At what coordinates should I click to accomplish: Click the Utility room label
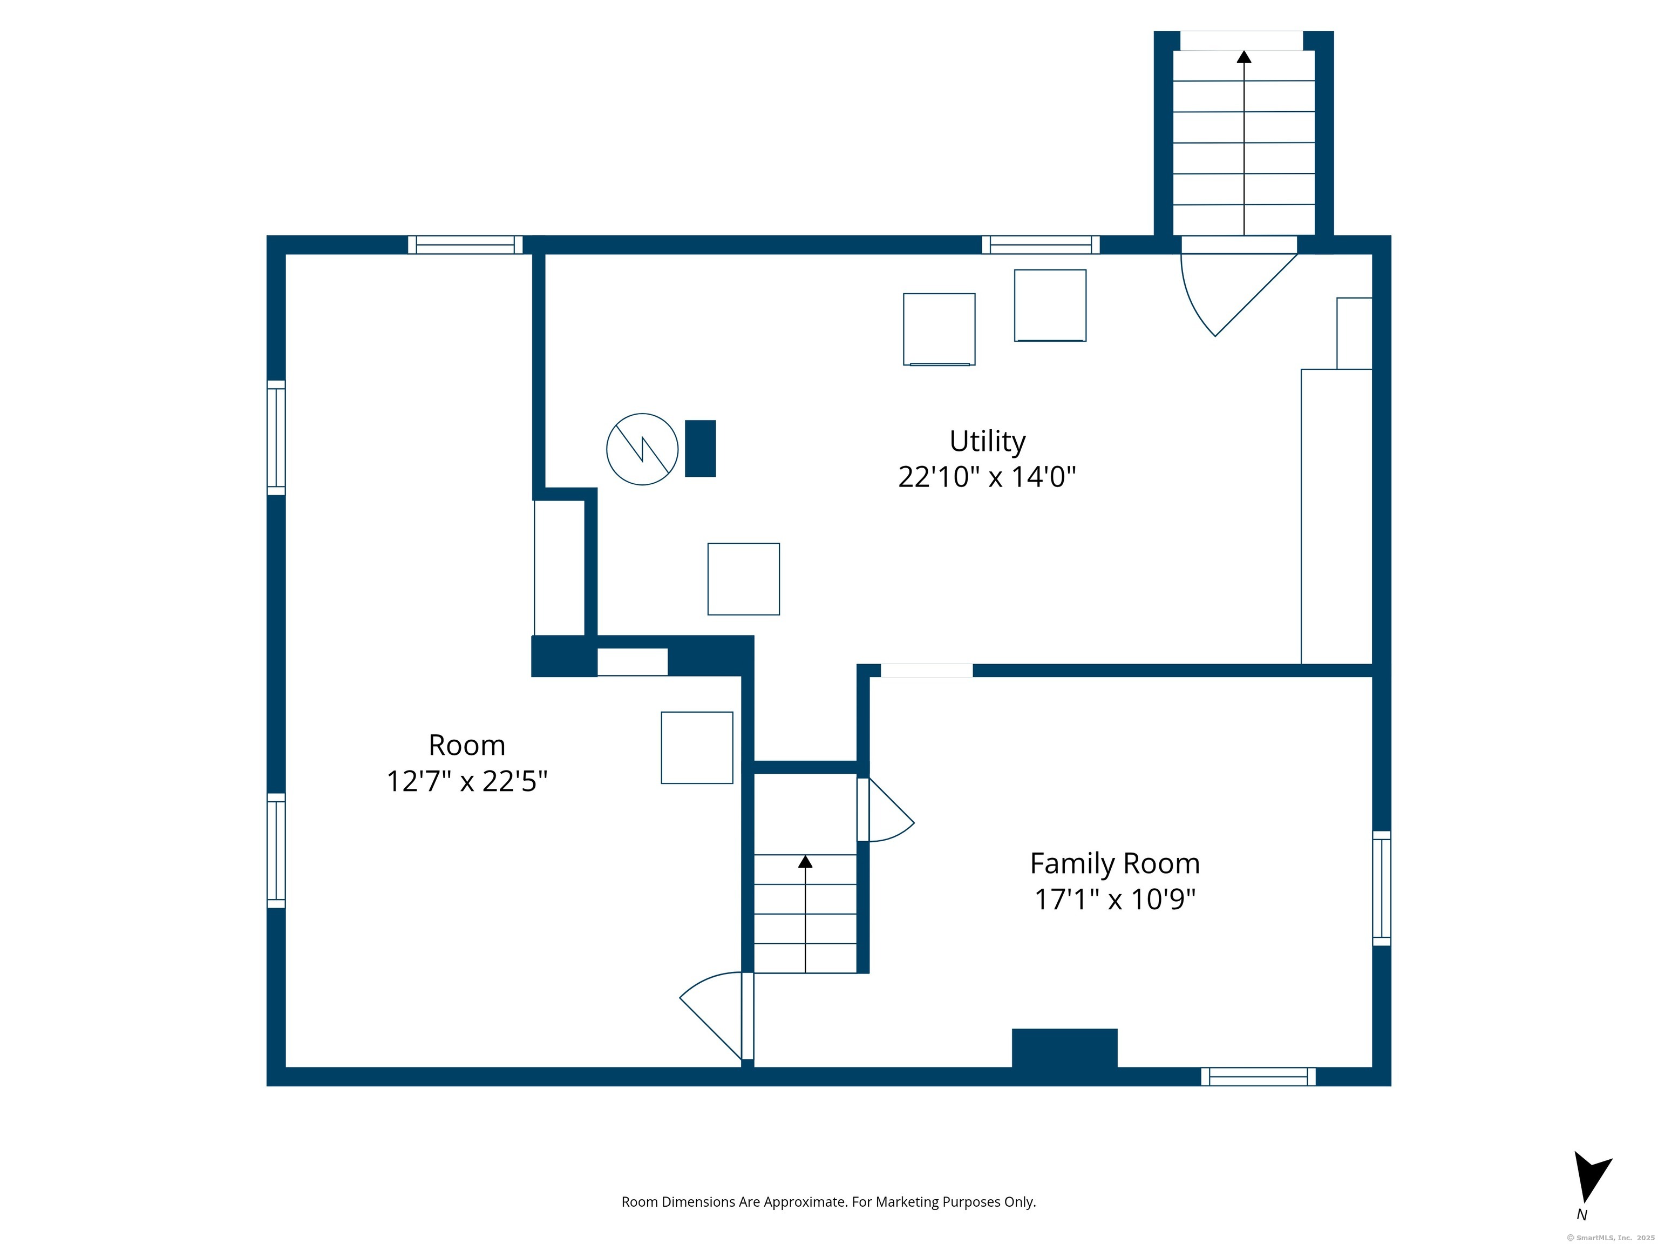point(987,442)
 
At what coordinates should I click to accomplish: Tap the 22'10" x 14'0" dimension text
point(987,477)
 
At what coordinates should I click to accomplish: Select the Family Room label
point(1115,864)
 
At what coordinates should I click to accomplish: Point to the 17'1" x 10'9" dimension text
point(1115,899)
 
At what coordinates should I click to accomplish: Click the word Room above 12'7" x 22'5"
point(467,745)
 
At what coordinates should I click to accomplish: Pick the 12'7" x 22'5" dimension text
point(467,781)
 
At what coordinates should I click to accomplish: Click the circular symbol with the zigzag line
point(642,449)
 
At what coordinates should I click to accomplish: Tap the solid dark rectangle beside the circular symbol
point(701,448)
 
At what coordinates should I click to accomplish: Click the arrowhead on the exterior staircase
point(1244,56)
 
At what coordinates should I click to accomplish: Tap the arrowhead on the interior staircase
point(805,862)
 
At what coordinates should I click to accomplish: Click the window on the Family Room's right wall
point(1382,888)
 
